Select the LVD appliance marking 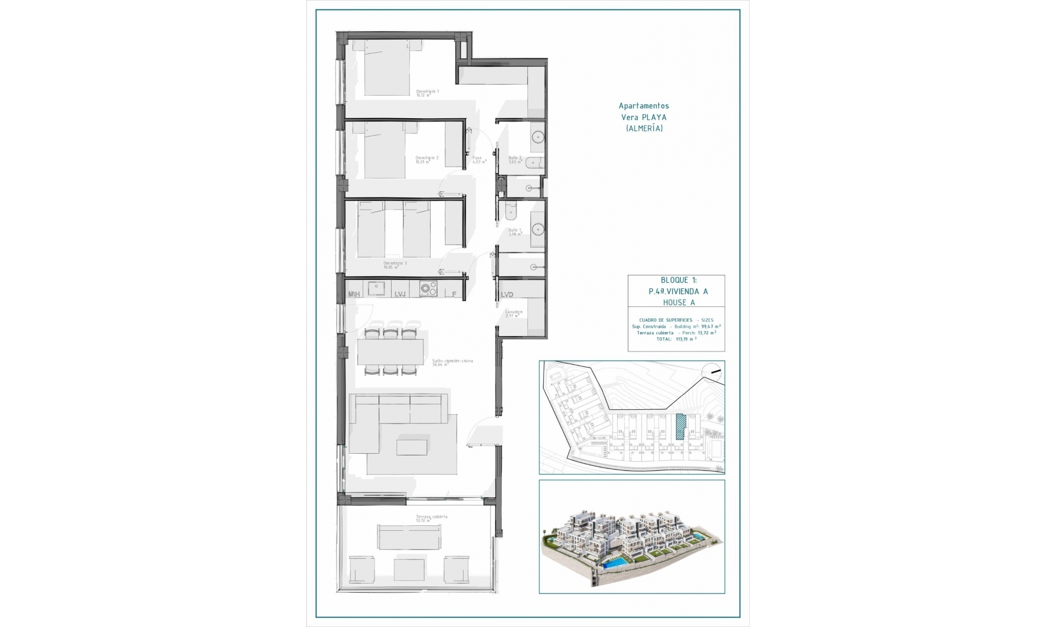507,295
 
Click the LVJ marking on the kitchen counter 400,294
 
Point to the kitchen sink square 376,288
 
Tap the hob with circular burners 428,288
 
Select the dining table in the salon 390,351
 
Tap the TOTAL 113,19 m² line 676,339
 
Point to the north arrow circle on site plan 713,372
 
